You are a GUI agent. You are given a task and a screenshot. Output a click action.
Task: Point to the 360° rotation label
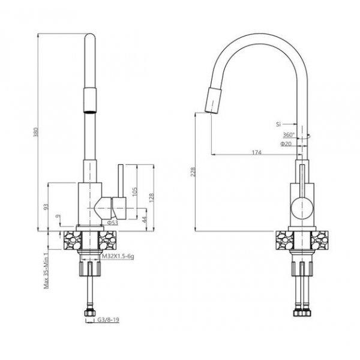[289, 135]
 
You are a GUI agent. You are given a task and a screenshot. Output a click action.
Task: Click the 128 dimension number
[152, 197]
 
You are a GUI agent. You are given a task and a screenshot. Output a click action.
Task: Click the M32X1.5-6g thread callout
[118, 256]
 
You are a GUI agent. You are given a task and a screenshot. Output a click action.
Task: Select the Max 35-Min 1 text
[46, 269]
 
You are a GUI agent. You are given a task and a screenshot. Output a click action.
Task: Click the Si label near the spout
[278, 124]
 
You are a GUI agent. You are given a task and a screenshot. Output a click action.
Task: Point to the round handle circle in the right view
[301, 208]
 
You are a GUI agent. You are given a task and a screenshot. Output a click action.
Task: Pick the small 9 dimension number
[58, 216]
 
